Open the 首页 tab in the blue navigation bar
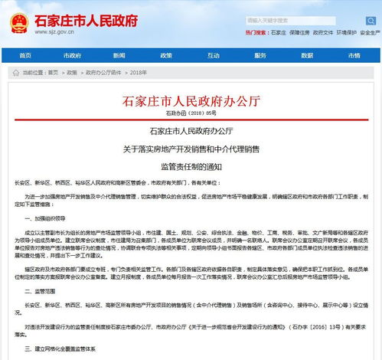pyautogui.click(x=25, y=55)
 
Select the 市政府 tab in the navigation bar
pyautogui.click(x=72, y=55)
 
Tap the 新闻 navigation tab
pyautogui.click(x=119, y=55)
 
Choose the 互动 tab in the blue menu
pyautogui.click(x=167, y=55)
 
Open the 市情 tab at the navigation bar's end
pyautogui.click(x=356, y=55)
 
